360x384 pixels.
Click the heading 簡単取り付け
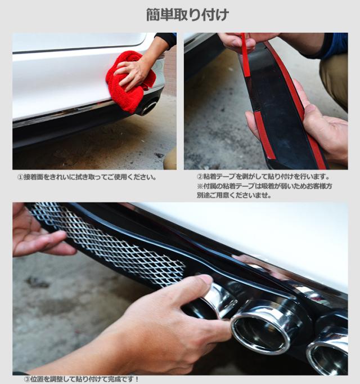[x=187, y=15]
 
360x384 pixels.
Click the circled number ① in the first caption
[x=21, y=177]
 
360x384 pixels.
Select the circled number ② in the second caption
[x=200, y=177]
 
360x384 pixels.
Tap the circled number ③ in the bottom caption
[x=27, y=379]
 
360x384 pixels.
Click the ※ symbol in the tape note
[x=200, y=186]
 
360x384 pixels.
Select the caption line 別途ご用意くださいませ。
[x=234, y=195]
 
